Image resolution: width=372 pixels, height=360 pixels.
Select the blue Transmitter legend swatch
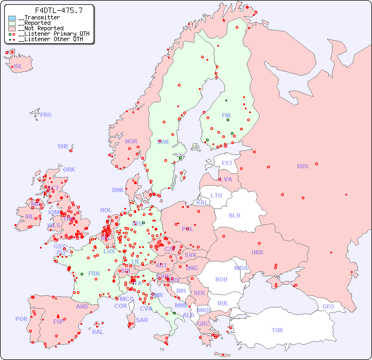(12, 18)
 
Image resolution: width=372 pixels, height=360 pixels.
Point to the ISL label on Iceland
(18, 67)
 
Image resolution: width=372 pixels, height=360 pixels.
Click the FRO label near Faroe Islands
(46, 115)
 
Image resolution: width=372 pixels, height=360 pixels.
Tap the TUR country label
(277, 330)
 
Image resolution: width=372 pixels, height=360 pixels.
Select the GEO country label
(328, 306)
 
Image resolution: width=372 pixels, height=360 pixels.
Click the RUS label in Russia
(302, 166)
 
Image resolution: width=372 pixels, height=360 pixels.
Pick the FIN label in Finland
(226, 115)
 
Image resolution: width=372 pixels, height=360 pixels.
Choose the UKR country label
(257, 252)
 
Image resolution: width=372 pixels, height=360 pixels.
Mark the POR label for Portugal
(21, 319)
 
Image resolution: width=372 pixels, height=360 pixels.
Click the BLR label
(234, 215)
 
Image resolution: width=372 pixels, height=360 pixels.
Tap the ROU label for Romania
(221, 279)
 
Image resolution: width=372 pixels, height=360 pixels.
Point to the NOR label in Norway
(131, 141)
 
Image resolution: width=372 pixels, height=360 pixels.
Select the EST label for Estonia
(227, 163)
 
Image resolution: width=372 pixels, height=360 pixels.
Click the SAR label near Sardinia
(142, 320)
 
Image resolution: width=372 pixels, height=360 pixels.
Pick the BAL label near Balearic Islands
(97, 332)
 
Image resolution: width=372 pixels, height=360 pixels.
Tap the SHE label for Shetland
(63, 146)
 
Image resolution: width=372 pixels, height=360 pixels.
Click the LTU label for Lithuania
(216, 195)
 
